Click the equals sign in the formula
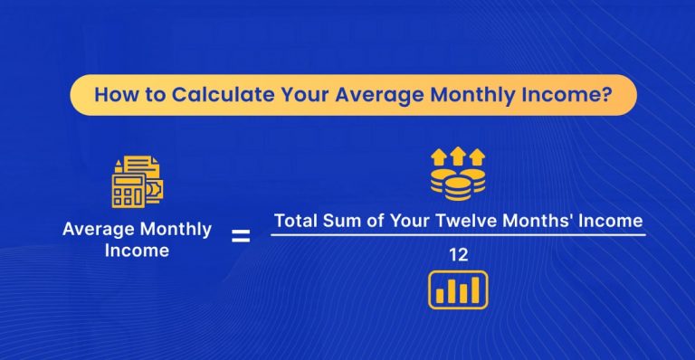pos(241,238)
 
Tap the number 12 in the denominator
pos(458,257)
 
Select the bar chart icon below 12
pos(458,289)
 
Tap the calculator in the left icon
pos(127,191)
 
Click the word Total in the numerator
pos(295,221)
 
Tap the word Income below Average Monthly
pos(138,251)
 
